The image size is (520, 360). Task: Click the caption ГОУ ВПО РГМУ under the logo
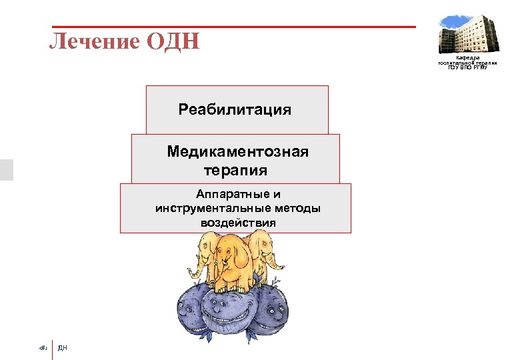[467, 67]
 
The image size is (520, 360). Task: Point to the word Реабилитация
[235, 109]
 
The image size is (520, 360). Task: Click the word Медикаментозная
[237, 152]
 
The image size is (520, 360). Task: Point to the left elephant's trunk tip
[189, 273]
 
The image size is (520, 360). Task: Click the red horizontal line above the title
[233, 27]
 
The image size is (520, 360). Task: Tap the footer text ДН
[63, 347]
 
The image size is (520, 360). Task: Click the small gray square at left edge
[6, 169]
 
